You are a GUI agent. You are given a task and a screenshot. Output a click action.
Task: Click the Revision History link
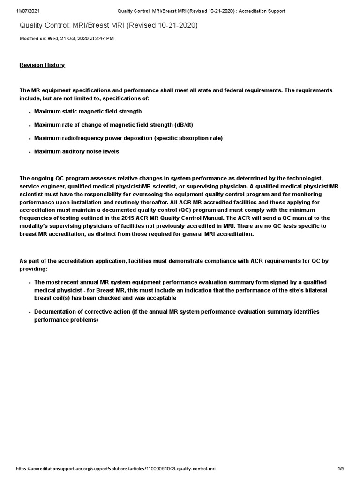(x=42, y=65)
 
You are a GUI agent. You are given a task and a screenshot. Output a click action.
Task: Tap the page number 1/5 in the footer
(x=341, y=469)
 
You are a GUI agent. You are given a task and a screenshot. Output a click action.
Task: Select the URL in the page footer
(x=116, y=469)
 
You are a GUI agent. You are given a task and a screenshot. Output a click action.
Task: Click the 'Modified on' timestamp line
(x=67, y=38)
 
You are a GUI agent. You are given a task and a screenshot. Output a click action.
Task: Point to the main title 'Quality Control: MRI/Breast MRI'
(x=108, y=25)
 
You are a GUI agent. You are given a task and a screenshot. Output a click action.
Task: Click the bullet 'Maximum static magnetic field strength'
(x=88, y=112)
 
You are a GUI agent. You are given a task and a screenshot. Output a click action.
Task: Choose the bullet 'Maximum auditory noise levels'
(x=76, y=152)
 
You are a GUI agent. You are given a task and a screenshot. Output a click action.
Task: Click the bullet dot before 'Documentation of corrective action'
(x=30, y=312)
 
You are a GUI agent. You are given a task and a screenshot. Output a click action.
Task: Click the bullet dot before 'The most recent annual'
(x=30, y=283)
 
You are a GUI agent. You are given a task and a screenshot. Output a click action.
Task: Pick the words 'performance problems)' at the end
(x=66, y=320)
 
